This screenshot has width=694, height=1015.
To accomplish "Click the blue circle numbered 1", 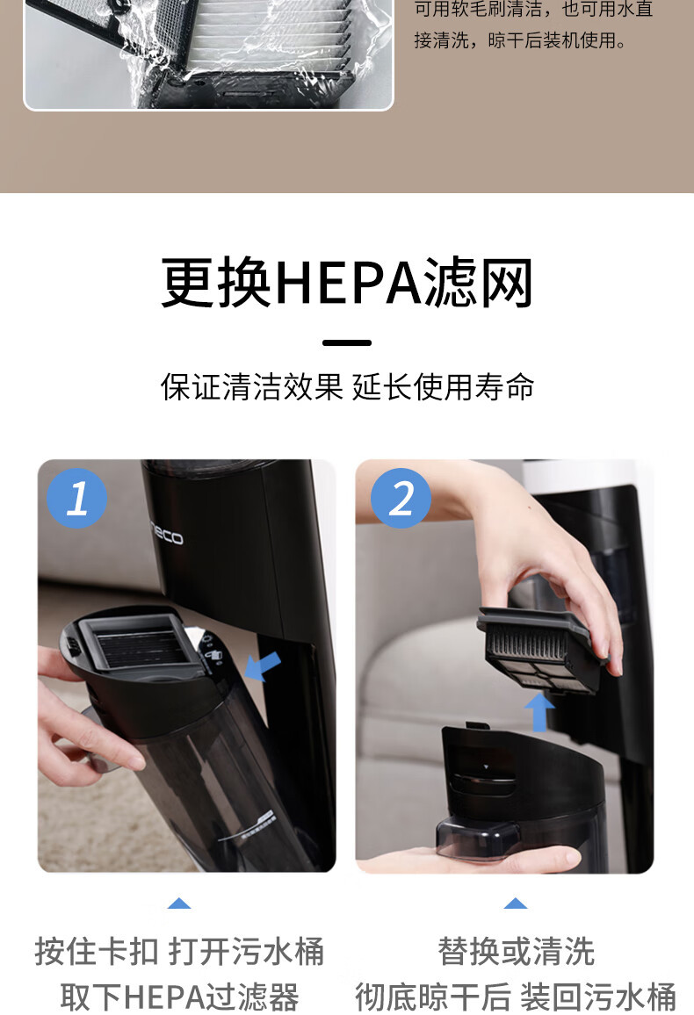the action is [x=77, y=499].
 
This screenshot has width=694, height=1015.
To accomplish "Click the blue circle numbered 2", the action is [x=401, y=499].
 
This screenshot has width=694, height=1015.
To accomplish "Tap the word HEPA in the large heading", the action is [x=348, y=282].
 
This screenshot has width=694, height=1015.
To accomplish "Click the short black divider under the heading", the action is [x=347, y=342].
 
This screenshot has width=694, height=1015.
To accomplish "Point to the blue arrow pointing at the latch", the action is [x=264, y=666].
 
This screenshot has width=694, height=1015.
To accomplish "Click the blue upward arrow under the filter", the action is [x=539, y=711].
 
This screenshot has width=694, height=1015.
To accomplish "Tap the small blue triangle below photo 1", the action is [x=179, y=903].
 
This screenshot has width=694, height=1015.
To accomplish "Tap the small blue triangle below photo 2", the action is [x=516, y=903].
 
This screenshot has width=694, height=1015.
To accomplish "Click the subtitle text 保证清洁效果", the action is [x=251, y=387].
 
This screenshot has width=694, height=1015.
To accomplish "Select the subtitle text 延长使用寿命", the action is [x=444, y=387].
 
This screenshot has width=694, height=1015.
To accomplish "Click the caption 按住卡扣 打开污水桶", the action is [x=179, y=952].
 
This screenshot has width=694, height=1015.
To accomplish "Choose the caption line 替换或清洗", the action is [x=516, y=952].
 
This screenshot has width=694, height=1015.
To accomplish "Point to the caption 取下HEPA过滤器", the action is [x=179, y=997].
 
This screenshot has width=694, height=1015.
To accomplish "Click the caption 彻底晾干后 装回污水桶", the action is [x=516, y=997].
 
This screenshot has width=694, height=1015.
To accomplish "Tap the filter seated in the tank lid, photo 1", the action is [x=137, y=641].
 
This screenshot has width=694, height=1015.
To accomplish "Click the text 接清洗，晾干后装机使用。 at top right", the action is [x=521, y=40].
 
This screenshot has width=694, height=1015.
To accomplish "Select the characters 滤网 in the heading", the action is [x=478, y=282].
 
